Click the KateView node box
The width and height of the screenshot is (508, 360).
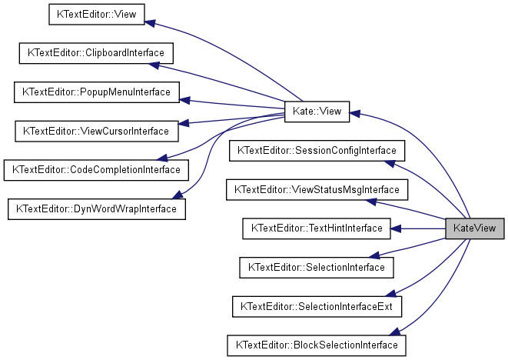[475, 228]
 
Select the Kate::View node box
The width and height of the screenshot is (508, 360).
[317, 112]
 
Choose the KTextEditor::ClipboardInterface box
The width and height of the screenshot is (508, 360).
[96, 54]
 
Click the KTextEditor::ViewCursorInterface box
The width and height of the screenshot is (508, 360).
[96, 131]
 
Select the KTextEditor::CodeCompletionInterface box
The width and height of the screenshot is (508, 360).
[96, 169]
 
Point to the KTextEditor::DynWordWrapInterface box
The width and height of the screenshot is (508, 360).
[97, 208]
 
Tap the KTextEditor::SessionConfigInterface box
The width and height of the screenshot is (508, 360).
[317, 150]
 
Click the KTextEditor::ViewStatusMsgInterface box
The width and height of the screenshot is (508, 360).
[317, 189]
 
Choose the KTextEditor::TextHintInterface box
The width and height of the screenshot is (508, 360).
[317, 228]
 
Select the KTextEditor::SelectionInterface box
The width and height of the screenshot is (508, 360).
[317, 267]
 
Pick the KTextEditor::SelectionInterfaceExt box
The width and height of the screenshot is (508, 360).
[317, 306]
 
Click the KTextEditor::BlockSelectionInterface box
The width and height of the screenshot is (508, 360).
[317, 345]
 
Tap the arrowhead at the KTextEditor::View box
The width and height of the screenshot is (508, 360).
[151, 24]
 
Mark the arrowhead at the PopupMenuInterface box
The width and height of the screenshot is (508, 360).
[185, 100]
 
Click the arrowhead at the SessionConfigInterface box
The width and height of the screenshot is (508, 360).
[390, 163]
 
